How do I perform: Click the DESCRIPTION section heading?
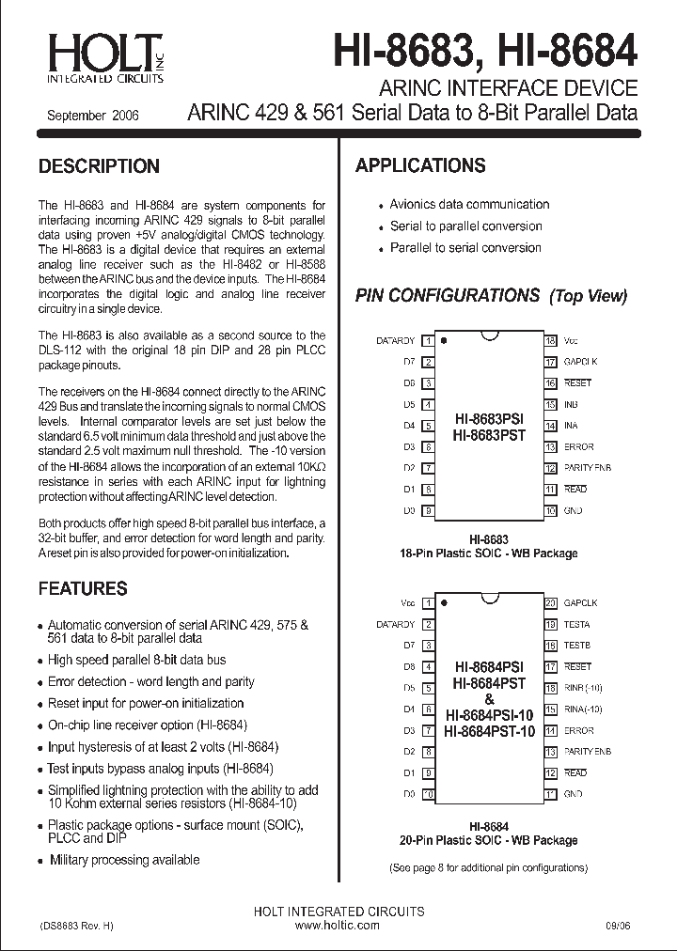(99, 166)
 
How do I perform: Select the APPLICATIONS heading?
(420, 165)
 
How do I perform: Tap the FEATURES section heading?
(82, 588)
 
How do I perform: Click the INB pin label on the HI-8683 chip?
(571, 404)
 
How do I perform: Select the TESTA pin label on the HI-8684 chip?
(576, 624)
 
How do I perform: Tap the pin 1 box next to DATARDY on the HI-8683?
(429, 340)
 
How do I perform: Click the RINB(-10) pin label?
(583, 688)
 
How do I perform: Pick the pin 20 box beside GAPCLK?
(551, 603)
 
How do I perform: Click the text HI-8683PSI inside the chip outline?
(489, 417)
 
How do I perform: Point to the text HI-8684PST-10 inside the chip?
(489, 731)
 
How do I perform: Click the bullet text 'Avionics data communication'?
(469, 204)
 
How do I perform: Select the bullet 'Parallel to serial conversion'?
(465, 247)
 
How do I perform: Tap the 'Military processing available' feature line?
(124, 859)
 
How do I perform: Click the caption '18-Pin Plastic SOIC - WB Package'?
(489, 553)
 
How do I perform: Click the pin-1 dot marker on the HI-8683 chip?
(444, 340)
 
